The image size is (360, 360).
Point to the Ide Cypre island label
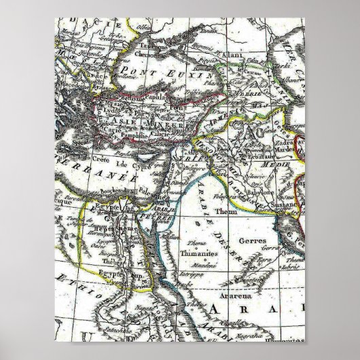click(x=132, y=165)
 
